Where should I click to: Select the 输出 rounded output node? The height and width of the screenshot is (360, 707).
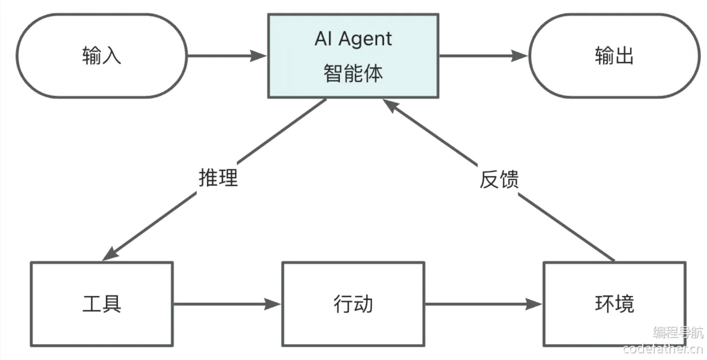(x=614, y=56)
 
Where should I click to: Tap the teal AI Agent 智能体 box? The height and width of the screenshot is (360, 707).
(x=353, y=56)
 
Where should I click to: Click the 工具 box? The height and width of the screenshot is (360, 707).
(x=102, y=304)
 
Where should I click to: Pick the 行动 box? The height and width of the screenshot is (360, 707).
(x=353, y=304)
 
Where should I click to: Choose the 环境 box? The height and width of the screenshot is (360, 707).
(x=614, y=304)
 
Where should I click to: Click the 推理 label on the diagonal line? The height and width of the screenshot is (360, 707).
(x=218, y=178)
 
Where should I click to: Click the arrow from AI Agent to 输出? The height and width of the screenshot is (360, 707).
(x=482, y=56)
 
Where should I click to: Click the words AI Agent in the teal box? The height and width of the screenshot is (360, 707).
(x=353, y=39)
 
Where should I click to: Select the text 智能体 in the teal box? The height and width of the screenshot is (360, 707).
(x=353, y=73)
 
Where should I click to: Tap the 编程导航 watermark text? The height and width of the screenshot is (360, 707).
(x=678, y=332)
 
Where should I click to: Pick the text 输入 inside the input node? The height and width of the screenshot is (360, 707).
(x=102, y=56)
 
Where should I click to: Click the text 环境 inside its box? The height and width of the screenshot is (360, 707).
(x=614, y=304)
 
